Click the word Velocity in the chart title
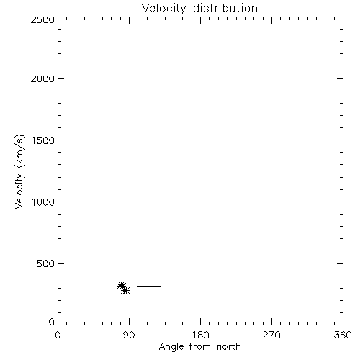click(x=164, y=9)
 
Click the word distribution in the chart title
click(x=225, y=8)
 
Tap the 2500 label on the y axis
click(x=42, y=19)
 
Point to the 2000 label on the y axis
click(x=42, y=78)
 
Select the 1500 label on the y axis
click(x=43, y=140)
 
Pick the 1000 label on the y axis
click(x=43, y=202)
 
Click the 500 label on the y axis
click(x=46, y=264)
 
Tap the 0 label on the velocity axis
click(x=52, y=322)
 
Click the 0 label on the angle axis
click(x=58, y=335)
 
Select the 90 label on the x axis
click(x=129, y=335)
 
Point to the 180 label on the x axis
click(x=200, y=335)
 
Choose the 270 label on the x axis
click(x=271, y=335)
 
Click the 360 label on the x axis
click(x=343, y=335)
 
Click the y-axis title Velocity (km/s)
click(x=19, y=171)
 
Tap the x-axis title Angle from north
click(x=200, y=347)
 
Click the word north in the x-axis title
click(x=229, y=346)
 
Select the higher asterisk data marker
click(x=121, y=286)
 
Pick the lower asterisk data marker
click(x=125, y=291)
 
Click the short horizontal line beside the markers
click(x=149, y=286)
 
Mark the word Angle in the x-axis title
click(x=171, y=347)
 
